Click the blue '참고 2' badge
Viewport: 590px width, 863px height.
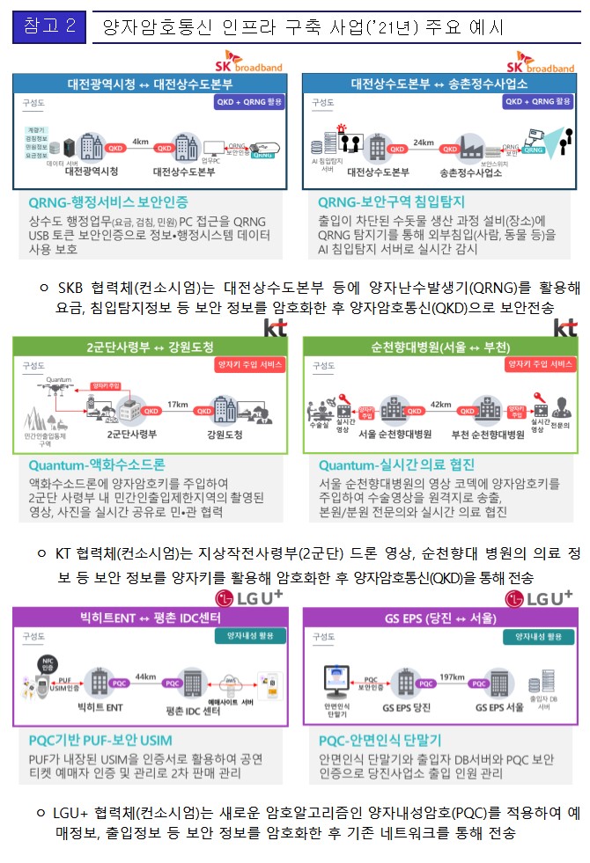[48, 26]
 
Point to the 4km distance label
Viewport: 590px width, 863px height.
[141, 140]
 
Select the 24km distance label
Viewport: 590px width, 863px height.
[424, 140]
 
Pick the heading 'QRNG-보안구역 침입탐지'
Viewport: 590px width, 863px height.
[392, 201]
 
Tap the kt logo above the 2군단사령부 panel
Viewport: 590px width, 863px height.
[276, 327]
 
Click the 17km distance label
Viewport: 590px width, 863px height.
[178, 404]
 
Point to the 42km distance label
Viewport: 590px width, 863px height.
[441, 403]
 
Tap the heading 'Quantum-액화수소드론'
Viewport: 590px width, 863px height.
[97, 464]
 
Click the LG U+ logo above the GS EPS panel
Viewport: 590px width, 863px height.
[538, 598]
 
